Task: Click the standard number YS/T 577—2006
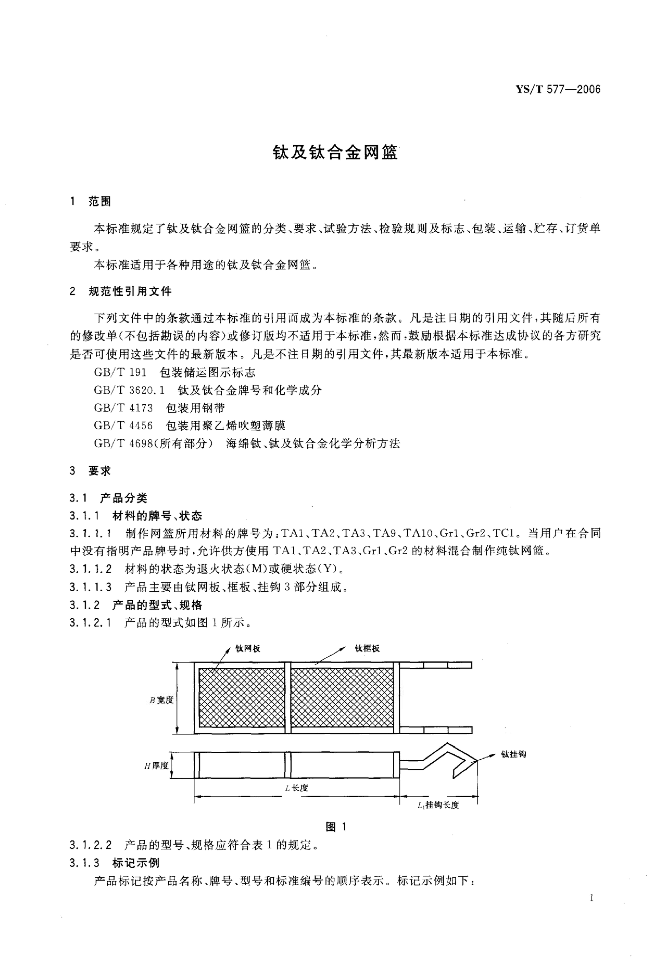(x=558, y=89)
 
